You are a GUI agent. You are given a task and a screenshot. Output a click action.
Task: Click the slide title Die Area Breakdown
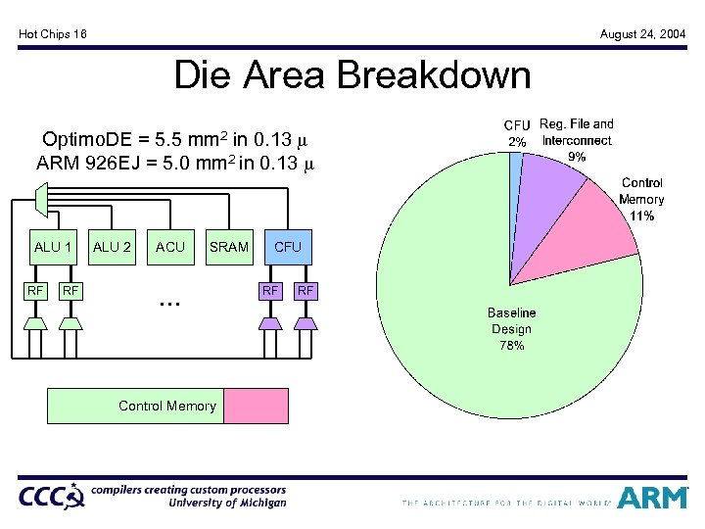click(x=352, y=75)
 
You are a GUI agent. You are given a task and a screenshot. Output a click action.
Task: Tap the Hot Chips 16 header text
click(x=53, y=34)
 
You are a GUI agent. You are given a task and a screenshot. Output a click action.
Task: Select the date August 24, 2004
click(x=642, y=34)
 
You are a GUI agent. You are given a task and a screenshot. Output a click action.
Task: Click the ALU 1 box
click(x=53, y=247)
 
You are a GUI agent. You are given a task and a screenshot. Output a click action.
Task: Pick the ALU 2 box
click(x=112, y=247)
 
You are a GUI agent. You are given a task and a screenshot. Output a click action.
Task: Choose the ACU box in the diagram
click(x=170, y=247)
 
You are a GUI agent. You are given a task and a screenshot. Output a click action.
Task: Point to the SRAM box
click(x=229, y=247)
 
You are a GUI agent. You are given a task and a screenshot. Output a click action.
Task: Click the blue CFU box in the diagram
click(x=288, y=247)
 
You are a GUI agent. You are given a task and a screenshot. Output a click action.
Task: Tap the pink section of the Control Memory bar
click(x=250, y=406)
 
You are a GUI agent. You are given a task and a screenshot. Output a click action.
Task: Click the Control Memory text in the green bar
click(x=166, y=406)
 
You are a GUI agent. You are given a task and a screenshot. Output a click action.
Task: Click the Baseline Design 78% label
click(x=511, y=329)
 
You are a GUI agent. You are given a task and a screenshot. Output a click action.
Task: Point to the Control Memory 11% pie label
click(x=641, y=199)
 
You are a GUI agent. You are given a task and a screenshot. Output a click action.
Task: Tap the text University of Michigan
click(x=227, y=504)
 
